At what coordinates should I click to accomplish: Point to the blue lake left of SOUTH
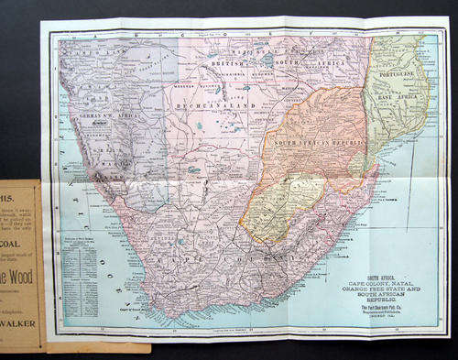click(245, 88)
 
